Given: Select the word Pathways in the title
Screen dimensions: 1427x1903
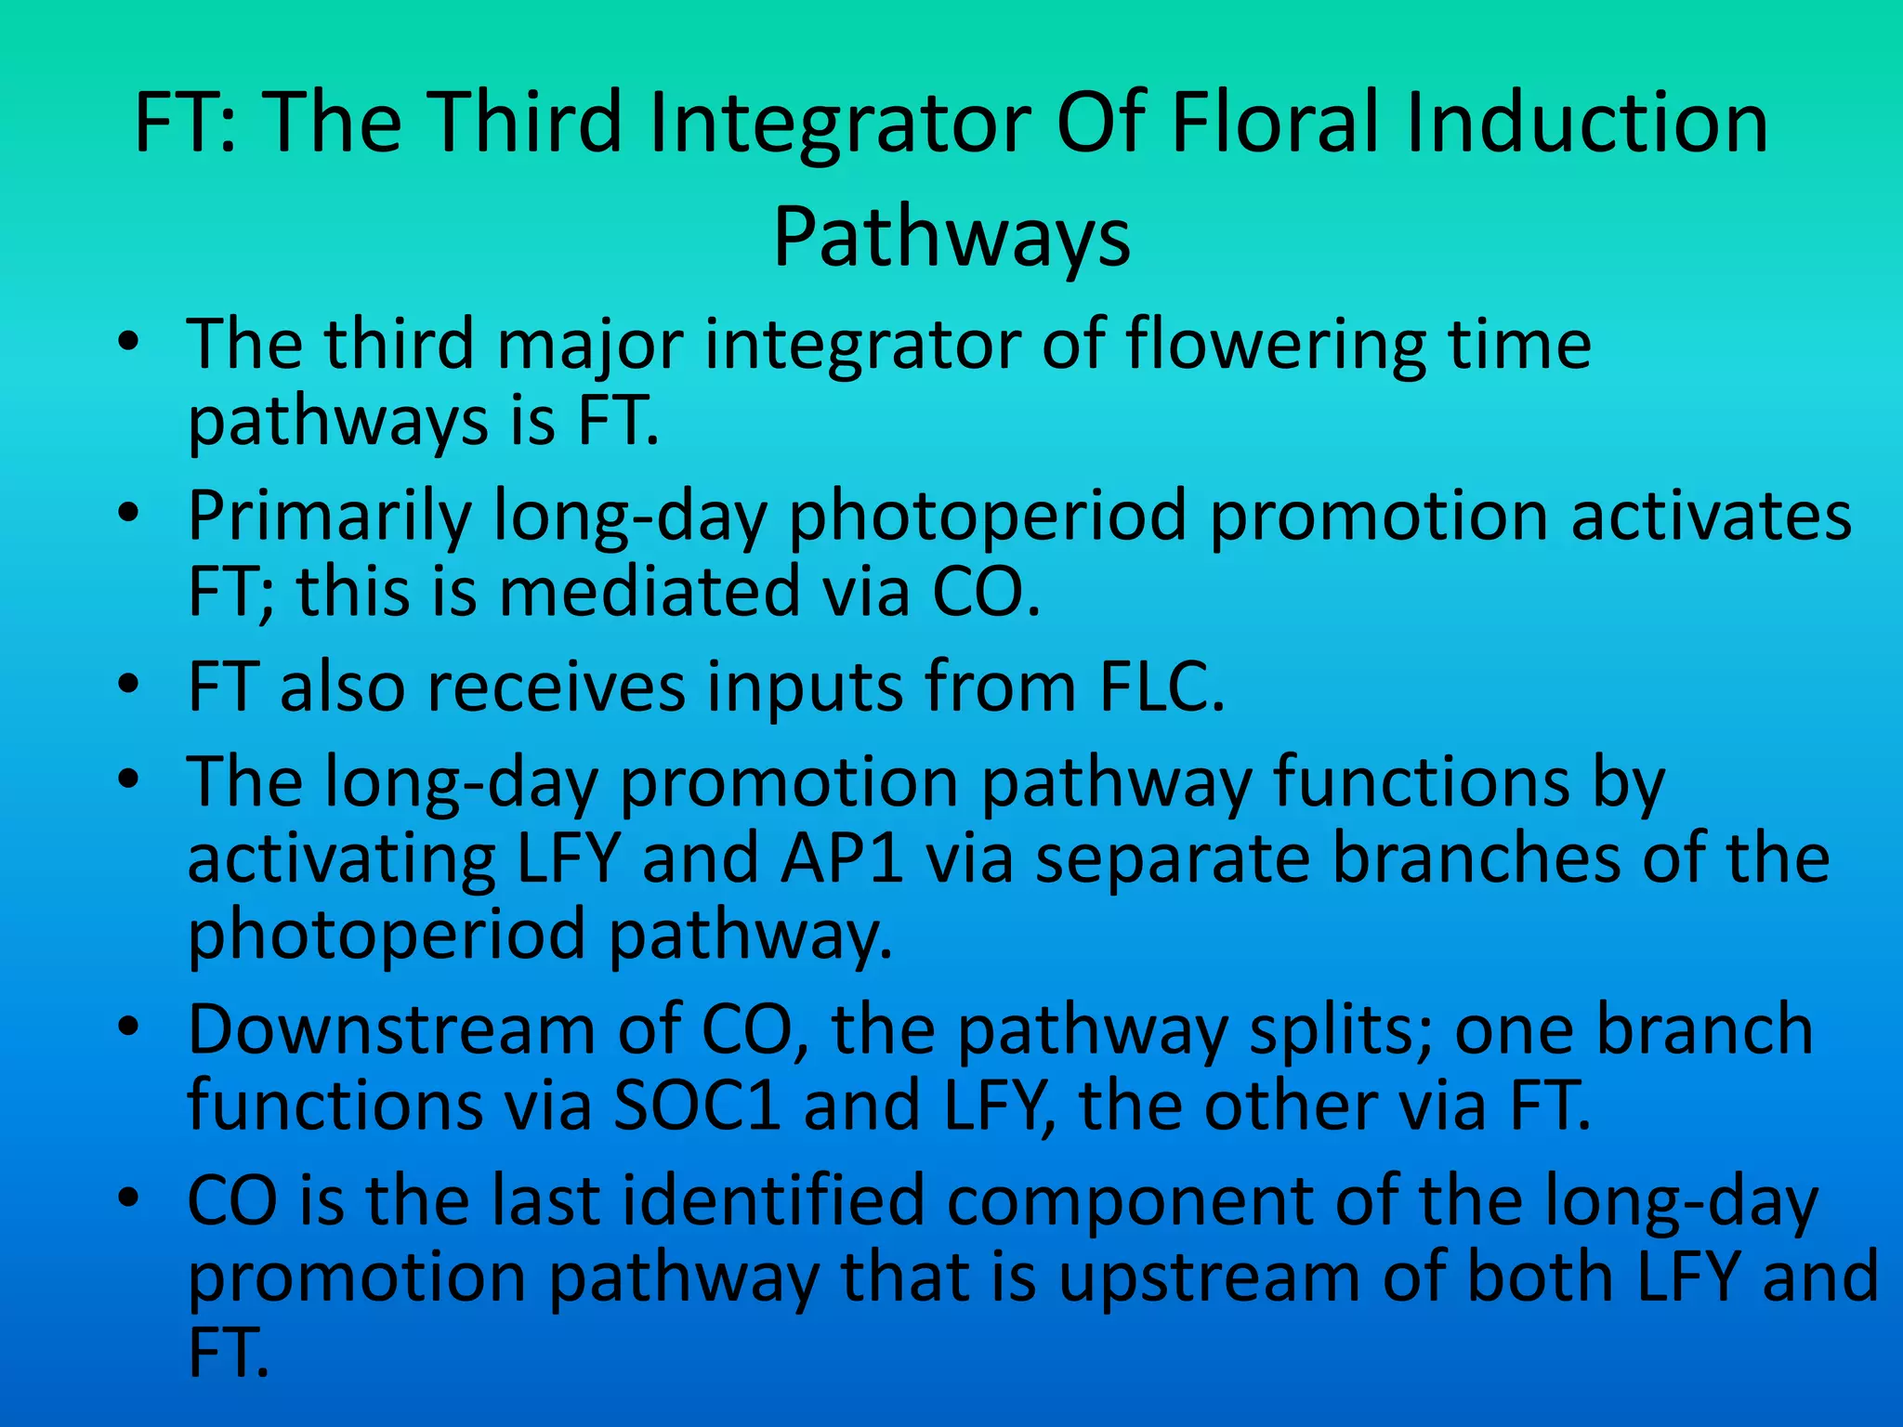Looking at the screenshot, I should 951,238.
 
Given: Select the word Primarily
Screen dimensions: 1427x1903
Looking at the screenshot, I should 329,517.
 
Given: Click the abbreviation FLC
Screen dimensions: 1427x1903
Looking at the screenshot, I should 1161,687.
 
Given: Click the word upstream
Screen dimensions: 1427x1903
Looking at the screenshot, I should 1208,1278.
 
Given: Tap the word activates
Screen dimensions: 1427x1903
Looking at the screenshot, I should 1711,517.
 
